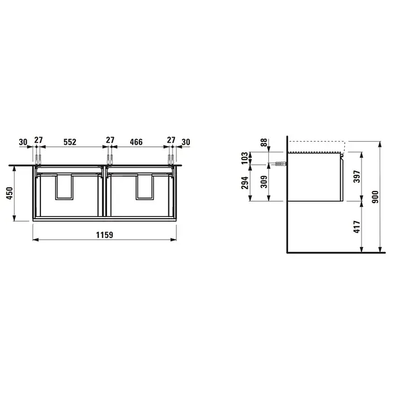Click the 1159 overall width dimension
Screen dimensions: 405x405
(x=105, y=235)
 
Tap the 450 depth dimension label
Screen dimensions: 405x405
(x=9, y=193)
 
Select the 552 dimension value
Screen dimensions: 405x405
(x=70, y=142)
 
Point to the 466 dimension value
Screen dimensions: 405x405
(x=136, y=142)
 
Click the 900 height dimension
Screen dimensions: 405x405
(x=375, y=197)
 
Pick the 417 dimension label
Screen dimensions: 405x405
(x=357, y=227)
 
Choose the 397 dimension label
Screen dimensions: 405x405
(x=357, y=176)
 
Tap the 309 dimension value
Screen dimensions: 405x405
(x=264, y=182)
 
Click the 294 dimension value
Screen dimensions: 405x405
(x=245, y=183)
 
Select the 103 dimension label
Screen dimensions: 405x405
(x=244, y=158)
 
